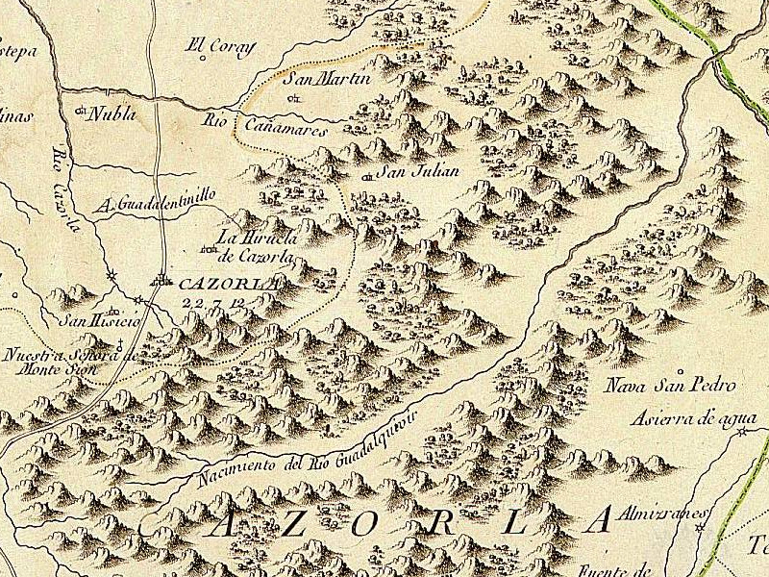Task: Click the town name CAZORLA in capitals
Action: [x=228, y=284]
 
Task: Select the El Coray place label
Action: [x=211, y=43]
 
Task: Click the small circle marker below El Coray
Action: [x=203, y=58]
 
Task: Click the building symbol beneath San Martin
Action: [x=295, y=97]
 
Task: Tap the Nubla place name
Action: [x=112, y=113]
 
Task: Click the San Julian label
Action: [x=415, y=172]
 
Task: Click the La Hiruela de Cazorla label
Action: [x=256, y=246]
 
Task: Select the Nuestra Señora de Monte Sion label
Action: [x=60, y=361]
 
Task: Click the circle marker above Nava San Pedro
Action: [x=681, y=370]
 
